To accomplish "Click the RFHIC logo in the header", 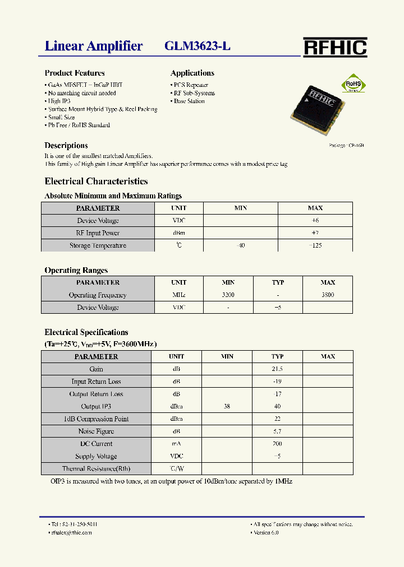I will tap(335, 48).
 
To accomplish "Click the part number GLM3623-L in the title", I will tap(197, 47).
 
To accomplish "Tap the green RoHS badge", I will tap(354, 83).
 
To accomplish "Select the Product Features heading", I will tap(75, 73).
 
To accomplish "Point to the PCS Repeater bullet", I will tap(190, 85).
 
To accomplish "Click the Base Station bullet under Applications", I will tap(189, 101).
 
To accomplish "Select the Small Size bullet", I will tap(61, 118).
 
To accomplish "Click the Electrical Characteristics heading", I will tap(96, 182).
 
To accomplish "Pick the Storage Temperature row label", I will tap(98, 245).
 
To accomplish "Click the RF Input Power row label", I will tap(98, 233).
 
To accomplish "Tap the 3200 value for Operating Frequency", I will tap(228, 295).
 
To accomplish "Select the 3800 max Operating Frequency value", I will tap(328, 295).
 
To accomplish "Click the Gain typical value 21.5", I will tap(277, 369).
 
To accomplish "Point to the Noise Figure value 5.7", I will tap(277, 431).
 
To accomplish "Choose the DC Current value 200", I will tap(277, 444).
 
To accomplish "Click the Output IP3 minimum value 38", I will tap(227, 407).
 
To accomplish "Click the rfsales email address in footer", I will tap(71, 533).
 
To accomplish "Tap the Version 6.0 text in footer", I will tap(265, 533).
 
